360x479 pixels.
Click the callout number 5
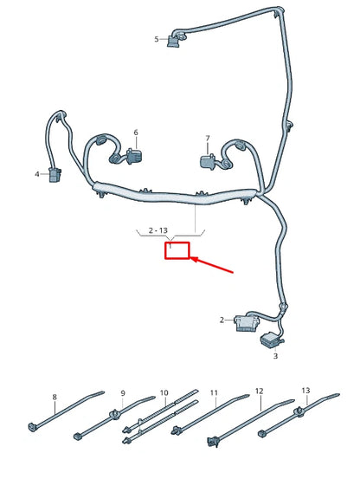tap(157, 39)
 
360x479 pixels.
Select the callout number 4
tap(37, 174)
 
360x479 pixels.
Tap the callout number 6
tap(135, 133)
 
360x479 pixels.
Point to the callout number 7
tap(208, 139)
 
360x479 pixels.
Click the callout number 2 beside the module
tap(222, 320)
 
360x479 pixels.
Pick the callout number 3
tap(275, 355)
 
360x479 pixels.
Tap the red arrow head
tap(194, 258)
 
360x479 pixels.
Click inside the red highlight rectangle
tap(178, 252)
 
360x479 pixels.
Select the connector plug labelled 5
tap(179, 38)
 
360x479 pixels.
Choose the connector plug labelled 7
tap(208, 160)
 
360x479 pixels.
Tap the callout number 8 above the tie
tap(55, 398)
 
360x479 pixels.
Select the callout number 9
tap(123, 393)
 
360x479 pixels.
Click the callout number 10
tap(164, 393)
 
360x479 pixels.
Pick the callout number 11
tap(213, 393)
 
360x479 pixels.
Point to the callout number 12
tap(259, 392)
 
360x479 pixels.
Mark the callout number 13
tap(305, 391)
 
